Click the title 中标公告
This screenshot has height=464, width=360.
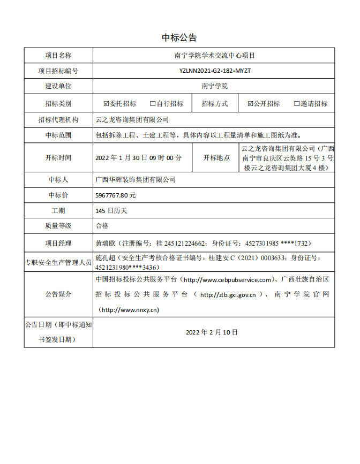click(179, 37)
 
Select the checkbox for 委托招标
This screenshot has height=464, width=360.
click(106, 104)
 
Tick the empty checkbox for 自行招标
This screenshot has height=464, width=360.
click(153, 104)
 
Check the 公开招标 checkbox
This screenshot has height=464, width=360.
click(250, 104)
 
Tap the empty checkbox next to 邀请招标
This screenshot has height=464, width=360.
click(297, 104)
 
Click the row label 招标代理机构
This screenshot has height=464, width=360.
click(58, 120)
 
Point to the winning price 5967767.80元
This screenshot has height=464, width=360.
click(115, 195)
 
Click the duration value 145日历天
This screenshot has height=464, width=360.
click(111, 211)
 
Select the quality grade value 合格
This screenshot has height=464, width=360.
click(102, 226)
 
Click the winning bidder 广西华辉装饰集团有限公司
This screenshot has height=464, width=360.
click(135, 180)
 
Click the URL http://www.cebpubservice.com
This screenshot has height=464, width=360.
click(227, 280)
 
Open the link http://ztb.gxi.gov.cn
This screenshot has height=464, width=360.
click(231, 294)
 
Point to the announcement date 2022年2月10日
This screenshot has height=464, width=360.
click(212, 332)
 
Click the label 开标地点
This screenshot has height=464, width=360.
click(216, 158)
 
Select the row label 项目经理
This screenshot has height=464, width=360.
click(58, 243)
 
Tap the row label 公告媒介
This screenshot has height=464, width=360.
click(58, 294)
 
